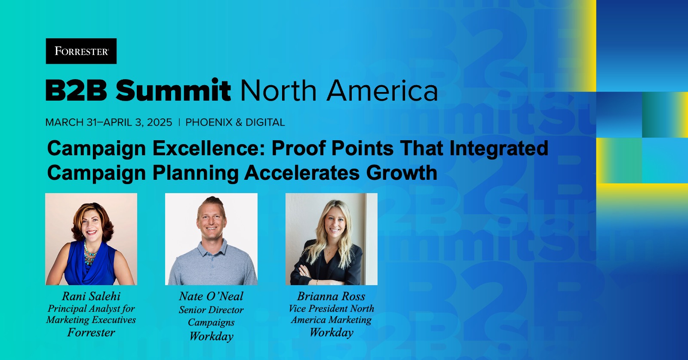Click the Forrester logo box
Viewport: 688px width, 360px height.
pos(81,51)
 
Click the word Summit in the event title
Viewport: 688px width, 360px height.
pos(173,91)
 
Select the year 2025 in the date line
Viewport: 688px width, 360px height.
pos(160,123)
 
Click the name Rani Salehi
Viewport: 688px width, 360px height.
pos(91,296)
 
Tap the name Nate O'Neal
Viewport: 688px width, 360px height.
pos(211,296)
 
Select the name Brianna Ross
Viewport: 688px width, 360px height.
pos(331,296)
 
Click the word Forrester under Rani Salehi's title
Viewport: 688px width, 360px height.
pos(91,332)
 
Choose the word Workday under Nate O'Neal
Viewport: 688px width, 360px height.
pos(211,336)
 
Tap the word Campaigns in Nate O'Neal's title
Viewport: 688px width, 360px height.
pos(211,323)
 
